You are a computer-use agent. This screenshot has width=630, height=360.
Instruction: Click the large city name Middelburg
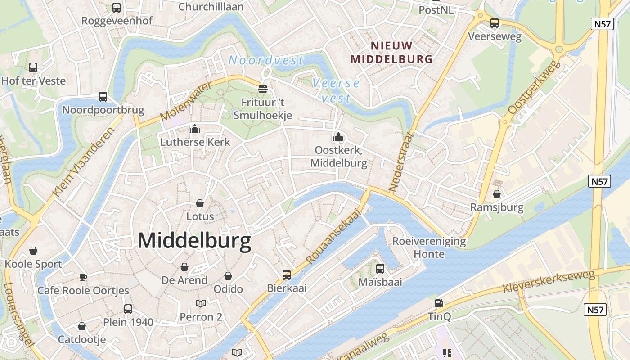[194, 241]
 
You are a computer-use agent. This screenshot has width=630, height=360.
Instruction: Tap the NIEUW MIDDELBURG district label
[391, 52]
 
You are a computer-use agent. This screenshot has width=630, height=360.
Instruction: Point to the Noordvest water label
[266, 60]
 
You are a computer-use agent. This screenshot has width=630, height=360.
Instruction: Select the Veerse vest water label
[336, 90]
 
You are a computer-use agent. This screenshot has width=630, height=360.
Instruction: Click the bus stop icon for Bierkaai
[287, 274]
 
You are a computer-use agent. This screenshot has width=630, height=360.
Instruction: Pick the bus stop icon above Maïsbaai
[380, 269]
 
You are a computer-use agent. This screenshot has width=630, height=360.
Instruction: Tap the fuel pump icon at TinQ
[439, 304]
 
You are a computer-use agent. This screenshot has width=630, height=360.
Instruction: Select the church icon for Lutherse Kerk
[195, 129]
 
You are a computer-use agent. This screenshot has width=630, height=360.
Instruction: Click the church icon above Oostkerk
[338, 137]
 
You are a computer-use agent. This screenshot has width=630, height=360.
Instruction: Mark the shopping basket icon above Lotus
[200, 203]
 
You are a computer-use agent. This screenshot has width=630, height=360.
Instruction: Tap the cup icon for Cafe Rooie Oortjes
[83, 277]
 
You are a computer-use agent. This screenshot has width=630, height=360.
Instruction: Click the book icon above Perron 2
[201, 304]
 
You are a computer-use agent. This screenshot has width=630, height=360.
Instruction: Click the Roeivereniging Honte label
[429, 247]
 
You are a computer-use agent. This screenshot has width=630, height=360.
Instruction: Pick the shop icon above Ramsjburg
[497, 194]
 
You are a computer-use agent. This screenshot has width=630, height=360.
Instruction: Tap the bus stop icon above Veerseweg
[495, 23]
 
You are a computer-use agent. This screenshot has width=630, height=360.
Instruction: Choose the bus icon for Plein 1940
[128, 309]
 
